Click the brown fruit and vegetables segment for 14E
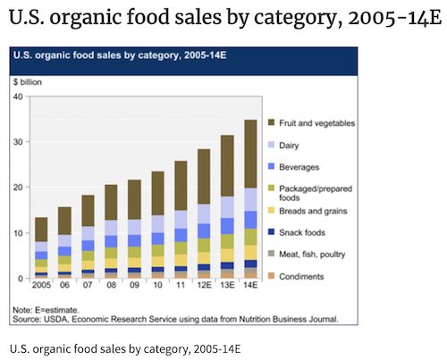pos(250,154)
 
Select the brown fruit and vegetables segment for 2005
pos(41,229)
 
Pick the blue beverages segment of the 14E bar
pos(250,220)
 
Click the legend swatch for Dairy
pos(270,143)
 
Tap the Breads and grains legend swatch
pos(270,210)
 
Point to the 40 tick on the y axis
pos(17,96)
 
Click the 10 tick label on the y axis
pos(17,233)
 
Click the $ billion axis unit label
pos(28,81)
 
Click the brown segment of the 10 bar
pos(157,193)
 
